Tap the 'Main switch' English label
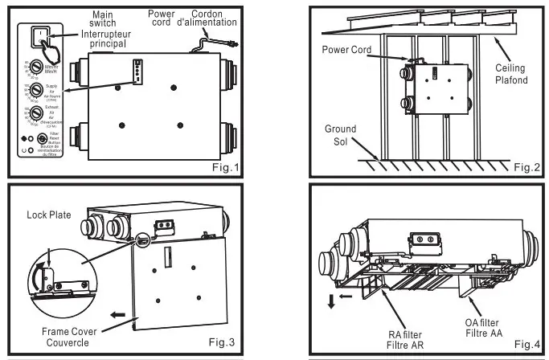coord(103,18)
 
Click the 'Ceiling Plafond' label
coord(510,73)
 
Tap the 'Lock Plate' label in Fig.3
coord(48,215)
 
